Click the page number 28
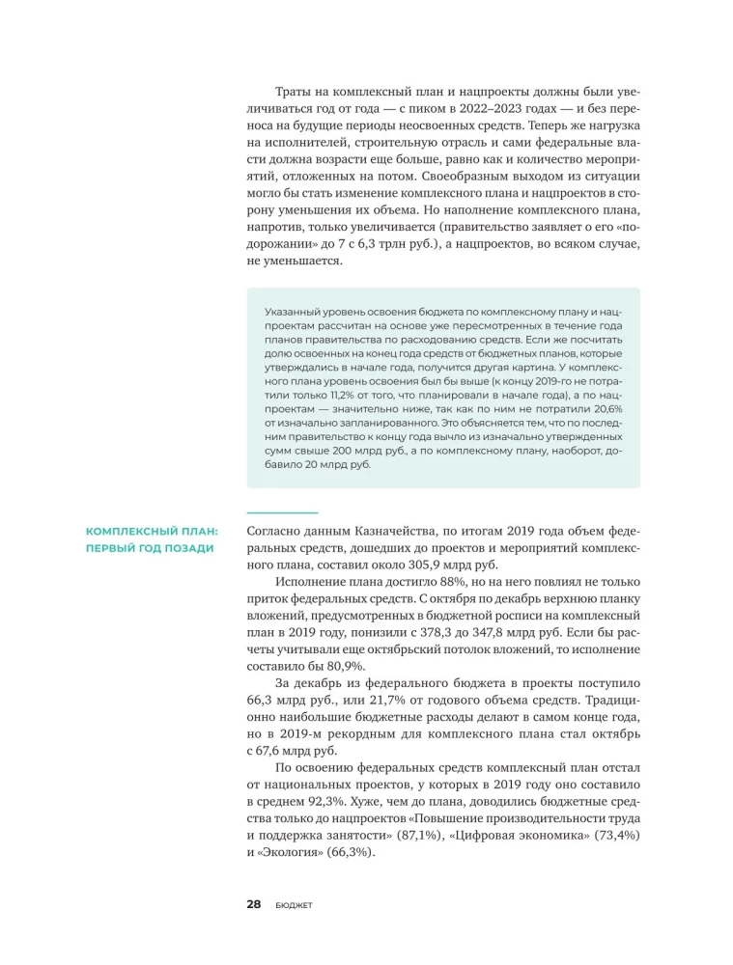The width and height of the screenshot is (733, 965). pyautogui.click(x=254, y=904)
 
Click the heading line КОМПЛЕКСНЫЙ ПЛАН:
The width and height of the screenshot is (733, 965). pyautogui.click(x=152, y=531)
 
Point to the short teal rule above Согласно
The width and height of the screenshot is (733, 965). pyautogui.click(x=282, y=512)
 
